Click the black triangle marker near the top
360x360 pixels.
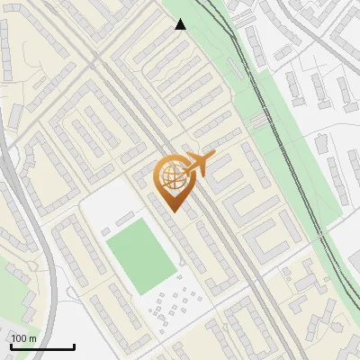click(x=181, y=24)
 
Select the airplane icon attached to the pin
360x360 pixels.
click(x=200, y=165)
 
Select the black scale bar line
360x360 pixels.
click(x=41, y=346)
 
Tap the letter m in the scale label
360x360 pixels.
click(x=32, y=338)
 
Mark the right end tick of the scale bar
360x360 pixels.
click(x=74, y=345)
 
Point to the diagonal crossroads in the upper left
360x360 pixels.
click(x=93, y=61)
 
